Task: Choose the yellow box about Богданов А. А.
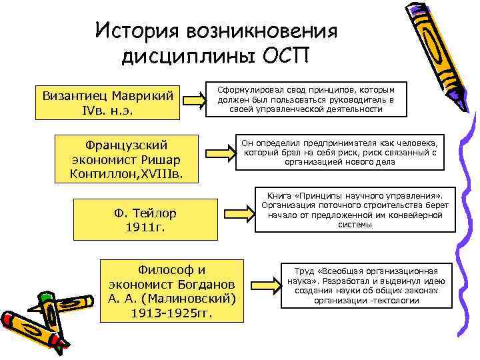click(172, 291)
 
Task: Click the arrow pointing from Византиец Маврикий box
click(195, 101)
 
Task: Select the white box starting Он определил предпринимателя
click(341, 152)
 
